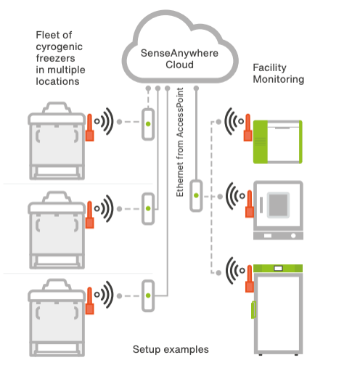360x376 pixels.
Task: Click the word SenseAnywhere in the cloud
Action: point(179,53)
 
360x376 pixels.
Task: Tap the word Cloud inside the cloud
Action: point(179,65)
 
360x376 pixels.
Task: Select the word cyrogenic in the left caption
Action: point(60,47)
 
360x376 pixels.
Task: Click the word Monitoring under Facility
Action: point(279,80)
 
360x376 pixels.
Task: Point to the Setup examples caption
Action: point(171,349)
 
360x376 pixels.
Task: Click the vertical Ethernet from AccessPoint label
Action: point(180,142)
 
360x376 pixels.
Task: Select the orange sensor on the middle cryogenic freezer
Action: point(89,215)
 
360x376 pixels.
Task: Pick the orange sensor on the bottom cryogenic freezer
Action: point(89,301)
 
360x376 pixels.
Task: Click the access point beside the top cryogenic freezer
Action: point(148,124)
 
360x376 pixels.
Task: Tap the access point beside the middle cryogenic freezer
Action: point(148,208)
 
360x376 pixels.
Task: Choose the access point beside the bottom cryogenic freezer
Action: point(148,295)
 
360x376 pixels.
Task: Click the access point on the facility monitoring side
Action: point(196,195)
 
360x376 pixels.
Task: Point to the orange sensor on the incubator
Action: point(250,204)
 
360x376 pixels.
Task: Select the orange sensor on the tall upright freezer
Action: point(250,279)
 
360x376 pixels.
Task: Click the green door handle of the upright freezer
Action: point(253,309)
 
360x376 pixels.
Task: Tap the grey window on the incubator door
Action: point(278,205)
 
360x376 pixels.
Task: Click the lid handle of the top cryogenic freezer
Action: point(57,107)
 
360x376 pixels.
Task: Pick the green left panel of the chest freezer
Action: point(261,142)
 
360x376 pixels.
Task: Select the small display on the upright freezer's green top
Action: point(278,268)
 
